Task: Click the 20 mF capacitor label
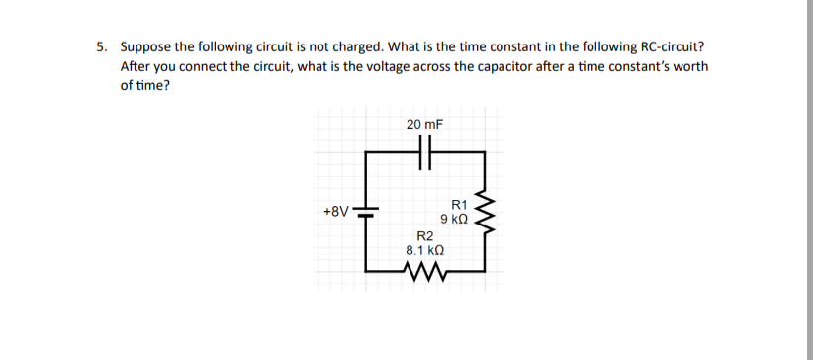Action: (424, 125)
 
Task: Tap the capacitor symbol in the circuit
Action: (426, 153)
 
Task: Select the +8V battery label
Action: (336, 211)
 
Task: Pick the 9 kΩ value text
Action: (454, 218)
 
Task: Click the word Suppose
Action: (146, 46)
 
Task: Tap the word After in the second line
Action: (135, 66)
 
